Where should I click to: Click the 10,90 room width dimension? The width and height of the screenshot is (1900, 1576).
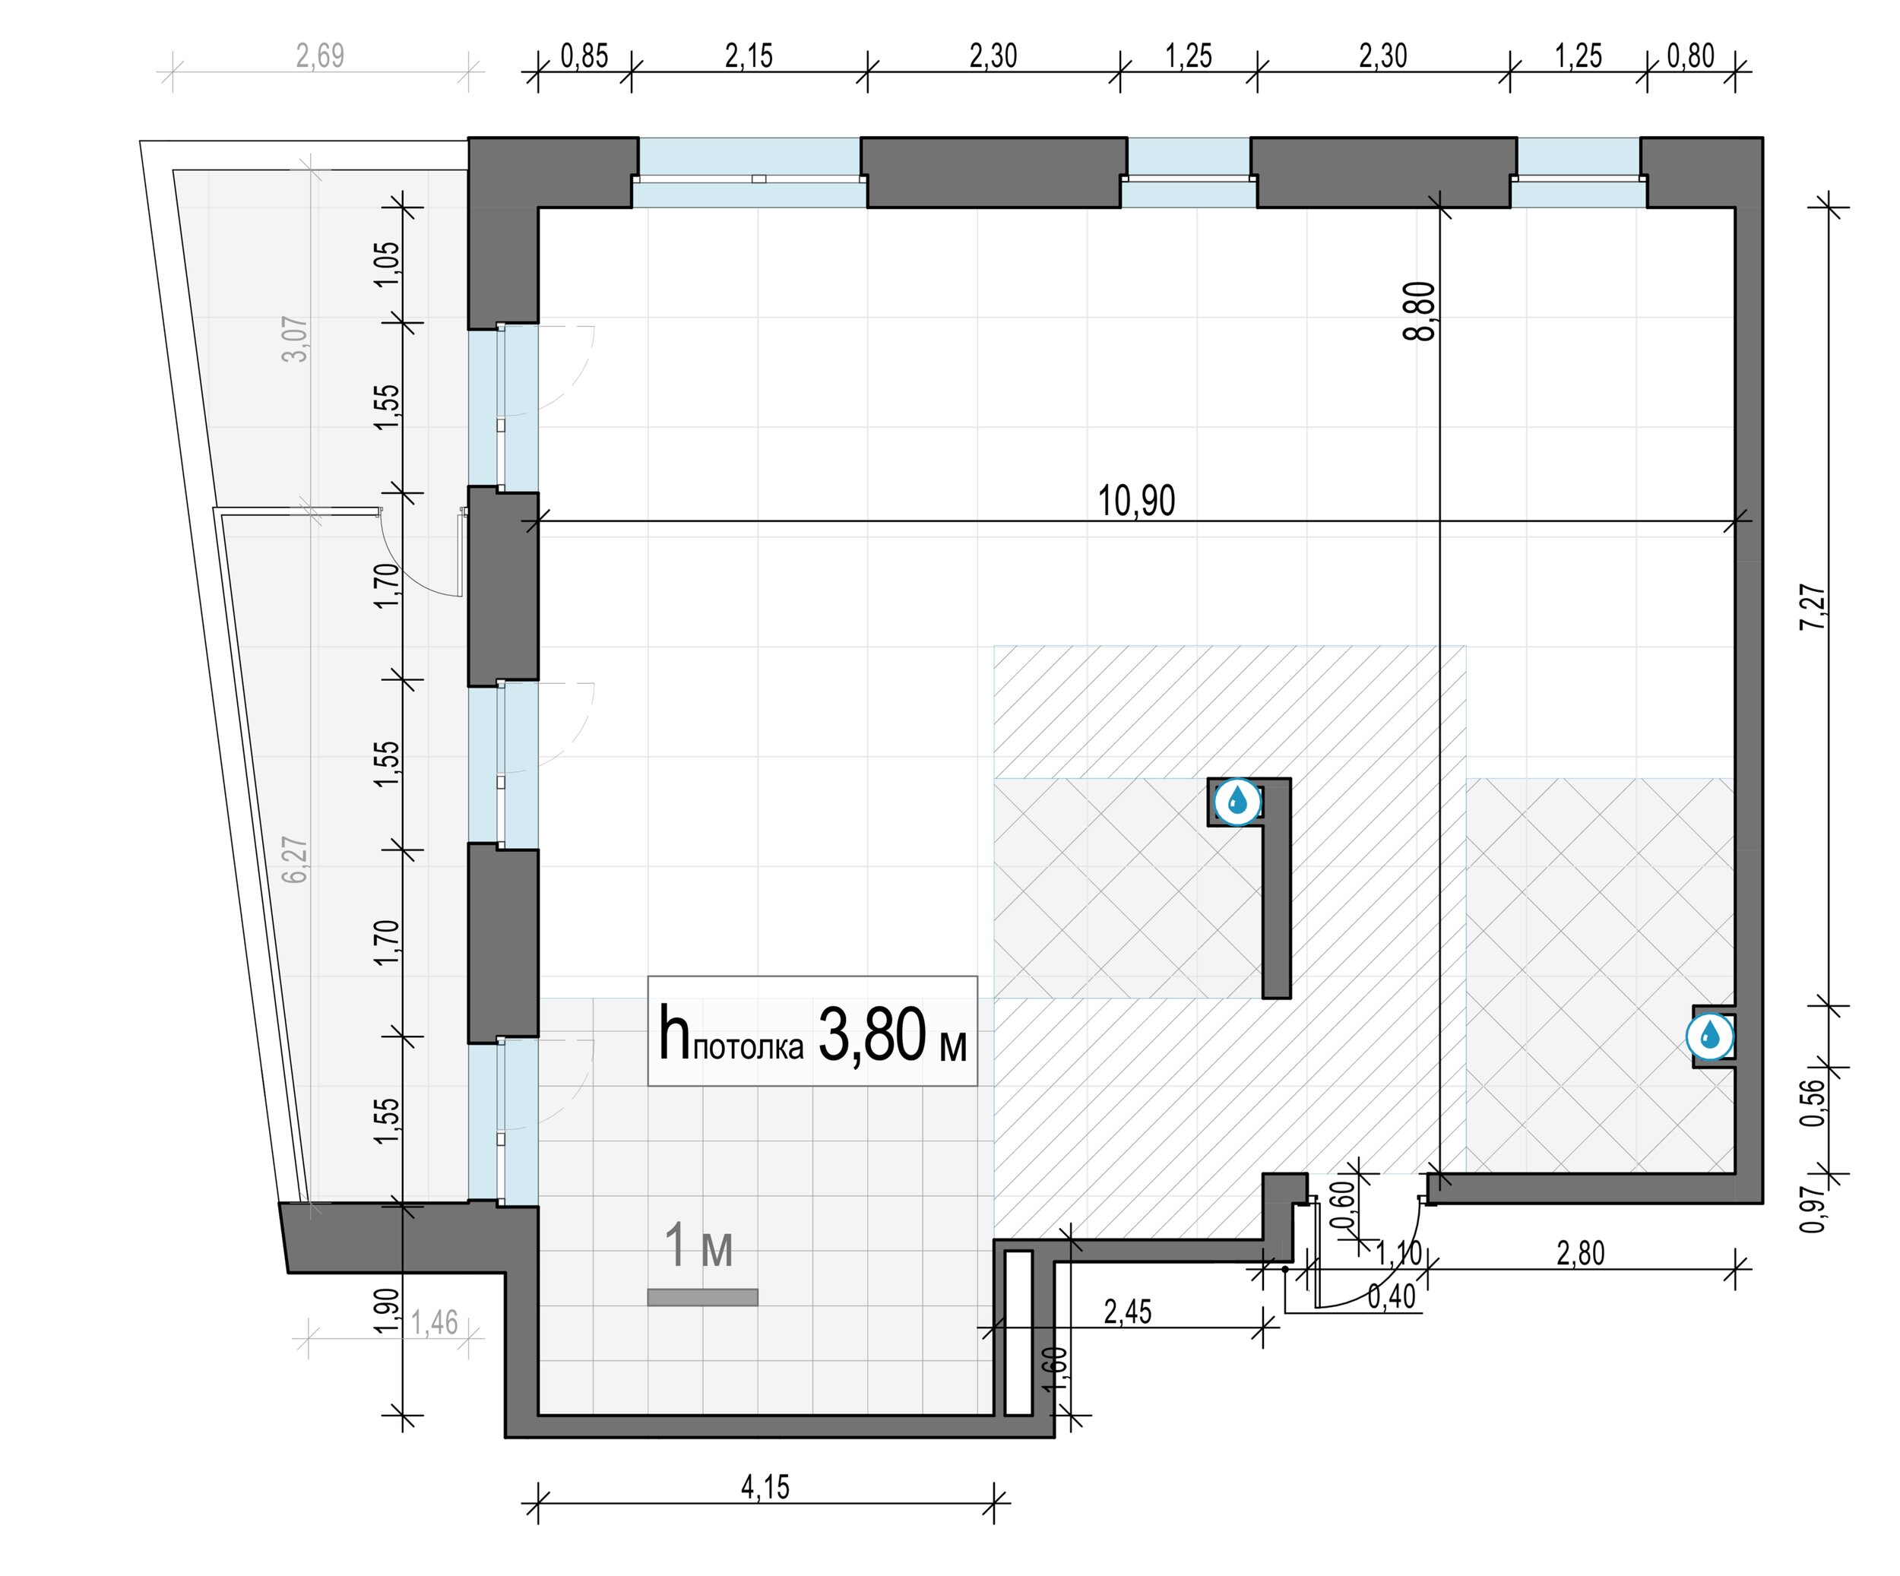(1136, 500)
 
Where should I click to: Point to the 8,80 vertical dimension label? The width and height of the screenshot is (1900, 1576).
(1420, 312)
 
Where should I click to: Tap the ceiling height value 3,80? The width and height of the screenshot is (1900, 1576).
(872, 1034)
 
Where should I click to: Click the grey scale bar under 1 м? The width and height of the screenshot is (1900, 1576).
(702, 1297)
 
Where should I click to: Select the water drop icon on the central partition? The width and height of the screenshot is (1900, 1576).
(1237, 802)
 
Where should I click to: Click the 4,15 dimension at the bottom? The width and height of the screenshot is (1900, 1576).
(765, 1487)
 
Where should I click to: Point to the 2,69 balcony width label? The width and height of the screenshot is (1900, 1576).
(320, 56)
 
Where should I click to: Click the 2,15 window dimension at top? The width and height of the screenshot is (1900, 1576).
(749, 56)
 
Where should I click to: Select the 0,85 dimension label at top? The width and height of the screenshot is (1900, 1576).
(584, 56)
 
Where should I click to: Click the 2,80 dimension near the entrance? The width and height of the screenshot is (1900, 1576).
(1581, 1253)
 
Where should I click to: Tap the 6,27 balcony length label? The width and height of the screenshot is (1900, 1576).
(295, 860)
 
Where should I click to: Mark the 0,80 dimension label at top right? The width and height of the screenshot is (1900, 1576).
(1691, 56)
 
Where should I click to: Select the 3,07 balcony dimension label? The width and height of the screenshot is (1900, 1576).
(295, 338)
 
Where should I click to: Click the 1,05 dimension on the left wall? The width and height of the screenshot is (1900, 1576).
(386, 263)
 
